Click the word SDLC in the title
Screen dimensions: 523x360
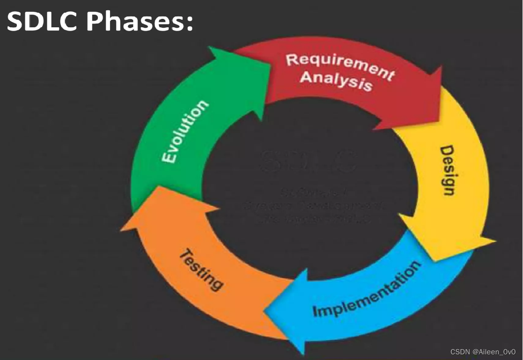point(42,22)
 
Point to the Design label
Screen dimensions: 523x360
point(447,170)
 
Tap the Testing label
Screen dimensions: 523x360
point(201,268)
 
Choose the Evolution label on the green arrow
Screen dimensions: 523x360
point(184,132)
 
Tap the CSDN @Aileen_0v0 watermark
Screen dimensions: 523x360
point(483,352)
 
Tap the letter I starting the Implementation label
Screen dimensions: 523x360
point(316,312)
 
